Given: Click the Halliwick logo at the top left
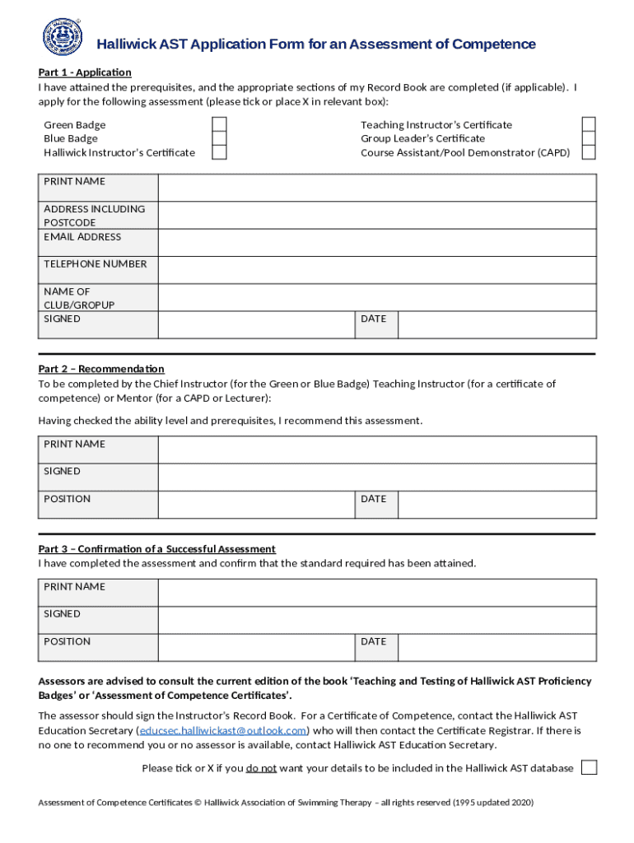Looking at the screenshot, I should pyautogui.click(x=63, y=36).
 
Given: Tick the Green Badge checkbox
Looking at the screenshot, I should pyautogui.click(x=220, y=124).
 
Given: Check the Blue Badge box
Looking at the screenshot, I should pyautogui.click(x=220, y=138).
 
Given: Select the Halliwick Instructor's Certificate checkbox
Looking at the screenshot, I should pyautogui.click(x=220, y=152).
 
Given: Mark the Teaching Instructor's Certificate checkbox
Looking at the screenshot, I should pyautogui.click(x=589, y=124).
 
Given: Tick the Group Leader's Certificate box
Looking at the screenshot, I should pyautogui.click(x=589, y=138).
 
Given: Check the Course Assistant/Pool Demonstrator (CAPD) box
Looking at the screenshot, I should pyautogui.click(x=589, y=152).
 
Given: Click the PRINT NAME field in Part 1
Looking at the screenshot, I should pyautogui.click(x=377, y=189).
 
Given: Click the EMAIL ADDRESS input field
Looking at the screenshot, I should pyautogui.click(x=377, y=243).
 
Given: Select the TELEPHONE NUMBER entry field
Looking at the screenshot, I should pyautogui.click(x=377, y=270).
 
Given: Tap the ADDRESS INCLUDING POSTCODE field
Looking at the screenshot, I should pyautogui.click(x=377, y=216).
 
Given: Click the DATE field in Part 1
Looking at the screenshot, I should pyautogui.click(x=496, y=324).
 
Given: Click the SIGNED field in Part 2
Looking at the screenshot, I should pyautogui.click(x=377, y=477).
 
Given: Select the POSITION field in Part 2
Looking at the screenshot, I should pyautogui.click(x=257, y=505).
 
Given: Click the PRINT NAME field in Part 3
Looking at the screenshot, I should pyautogui.click(x=377, y=593).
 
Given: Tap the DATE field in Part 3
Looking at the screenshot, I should pyautogui.click(x=496, y=647).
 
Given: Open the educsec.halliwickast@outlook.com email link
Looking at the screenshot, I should pyautogui.click(x=223, y=730).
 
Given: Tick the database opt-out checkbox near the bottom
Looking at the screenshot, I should pyautogui.click(x=589, y=767).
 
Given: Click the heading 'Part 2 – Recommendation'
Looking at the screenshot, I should pyautogui.click(x=101, y=369).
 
